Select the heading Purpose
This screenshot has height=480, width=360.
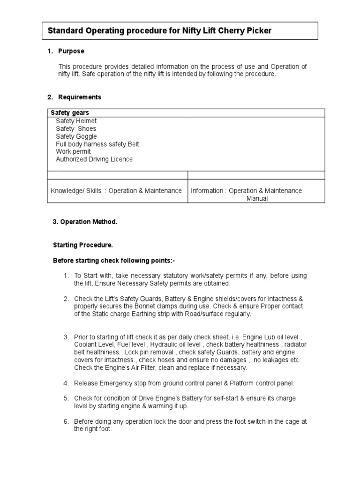click(x=71, y=51)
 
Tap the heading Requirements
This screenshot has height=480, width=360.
click(x=80, y=97)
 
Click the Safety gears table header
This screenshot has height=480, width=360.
click(x=70, y=113)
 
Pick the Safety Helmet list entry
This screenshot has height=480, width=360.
click(x=76, y=121)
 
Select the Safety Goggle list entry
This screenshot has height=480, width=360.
click(x=76, y=136)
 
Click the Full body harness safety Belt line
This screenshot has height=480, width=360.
click(x=97, y=144)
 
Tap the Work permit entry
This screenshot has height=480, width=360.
click(x=74, y=151)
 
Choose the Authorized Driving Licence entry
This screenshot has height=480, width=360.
click(x=94, y=159)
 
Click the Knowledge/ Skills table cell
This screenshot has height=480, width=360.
click(x=116, y=191)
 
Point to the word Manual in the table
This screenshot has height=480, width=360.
click(x=257, y=198)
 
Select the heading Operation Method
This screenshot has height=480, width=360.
click(x=87, y=222)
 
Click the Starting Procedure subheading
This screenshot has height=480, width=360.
click(x=83, y=245)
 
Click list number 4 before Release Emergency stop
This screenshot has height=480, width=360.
click(x=67, y=383)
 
